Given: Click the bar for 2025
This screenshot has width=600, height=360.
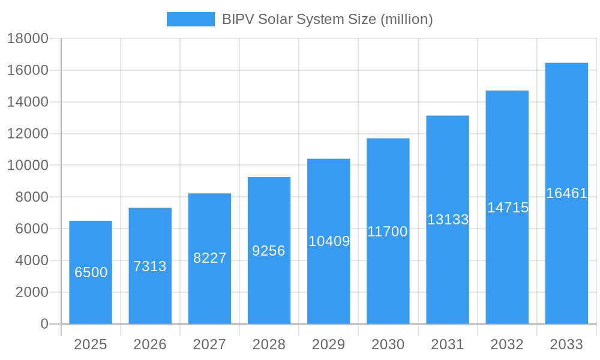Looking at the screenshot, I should click(x=91, y=272).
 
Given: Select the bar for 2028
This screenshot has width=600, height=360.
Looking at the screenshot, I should click(x=269, y=250).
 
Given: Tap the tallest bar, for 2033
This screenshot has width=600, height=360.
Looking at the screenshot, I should click(x=566, y=193).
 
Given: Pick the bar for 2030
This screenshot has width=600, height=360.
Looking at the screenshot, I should click(x=388, y=231).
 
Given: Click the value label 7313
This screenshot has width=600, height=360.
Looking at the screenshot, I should click(x=150, y=266).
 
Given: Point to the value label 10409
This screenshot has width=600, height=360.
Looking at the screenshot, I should click(x=329, y=241).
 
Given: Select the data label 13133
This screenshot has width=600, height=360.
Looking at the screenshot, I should click(x=448, y=220).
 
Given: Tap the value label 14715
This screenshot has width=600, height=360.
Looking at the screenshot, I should click(x=508, y=208).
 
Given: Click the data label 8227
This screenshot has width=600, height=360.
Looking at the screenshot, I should click(x=209, y=258).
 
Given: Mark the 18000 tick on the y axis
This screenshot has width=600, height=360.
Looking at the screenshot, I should click(x=28, y=38).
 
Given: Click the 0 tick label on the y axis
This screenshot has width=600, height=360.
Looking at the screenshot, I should click(x=44, y=324).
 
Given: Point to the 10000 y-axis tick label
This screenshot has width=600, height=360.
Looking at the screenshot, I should click(x=28, y=166).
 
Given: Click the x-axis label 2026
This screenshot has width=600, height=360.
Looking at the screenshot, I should click(x=150, y=344).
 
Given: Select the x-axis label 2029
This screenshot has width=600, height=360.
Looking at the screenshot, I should click(x=329, y=344).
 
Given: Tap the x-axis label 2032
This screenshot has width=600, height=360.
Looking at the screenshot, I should click(x=507, y=344).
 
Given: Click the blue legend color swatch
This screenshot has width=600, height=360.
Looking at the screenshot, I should click(x=190, y=19).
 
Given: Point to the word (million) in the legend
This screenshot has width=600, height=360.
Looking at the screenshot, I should click(x=407, y=19).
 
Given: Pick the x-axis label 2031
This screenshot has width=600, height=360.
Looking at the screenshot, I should click(x=448, y=344).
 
